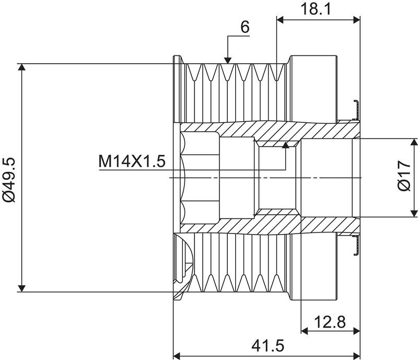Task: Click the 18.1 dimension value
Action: pyautogui.click(x=316, y=9)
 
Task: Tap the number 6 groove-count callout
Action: pyautogui.click(x=245, y=27)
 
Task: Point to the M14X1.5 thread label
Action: pyautogui.click(x=132, y=161)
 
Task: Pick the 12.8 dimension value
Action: pyautogui.click(x=330, y=322)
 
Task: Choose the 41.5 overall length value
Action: pyautogui.click(x=268, y=346)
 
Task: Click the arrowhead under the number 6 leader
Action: pyautogui.click(x=228, y=61)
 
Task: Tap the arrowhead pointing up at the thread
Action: pyautogui.click(x=285, y=145)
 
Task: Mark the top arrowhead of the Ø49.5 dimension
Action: pyautogui.click(x=21, y=67)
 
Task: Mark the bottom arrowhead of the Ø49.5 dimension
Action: pyautogui.click(x=21, y=288)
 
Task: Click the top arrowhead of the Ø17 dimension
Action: pyautogui.click(x=414, y=142)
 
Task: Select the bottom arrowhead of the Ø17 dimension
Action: pyautogui.click(x=414, y=213)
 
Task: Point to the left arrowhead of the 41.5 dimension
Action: pyautogui.click(x=177, y=356)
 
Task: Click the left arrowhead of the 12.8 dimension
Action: pyautogui.click(x=305, y=331)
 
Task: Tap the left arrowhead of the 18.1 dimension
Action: pyautogui.click(x=280, y=19)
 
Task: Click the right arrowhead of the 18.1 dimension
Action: pyautogui.click(x=357, y=19)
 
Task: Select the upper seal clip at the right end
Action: pyautogui.click(x=356, y=110)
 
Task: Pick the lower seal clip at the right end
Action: pyautogui.click(x=356, y=245)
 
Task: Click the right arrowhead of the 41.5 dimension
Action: pyautogui.click(x=357, y=356)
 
